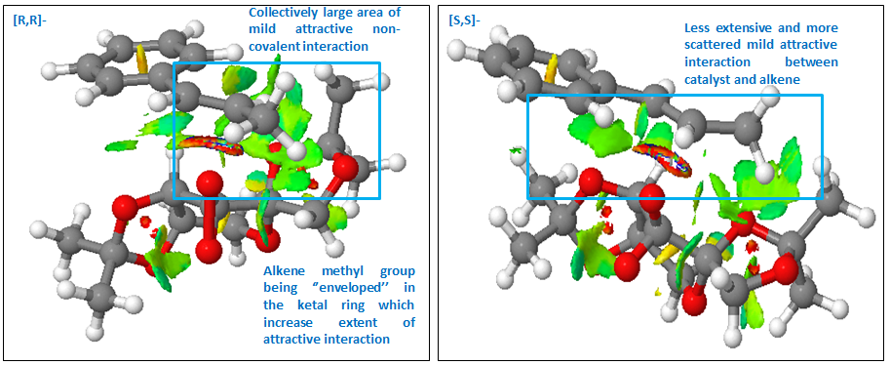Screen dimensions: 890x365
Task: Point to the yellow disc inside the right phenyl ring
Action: [550, 67]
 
